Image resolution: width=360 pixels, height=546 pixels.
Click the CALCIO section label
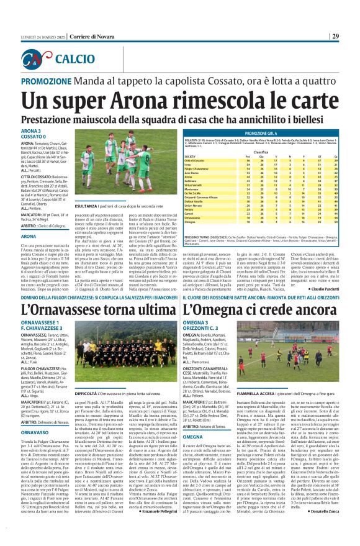pyautogui.click(x=74, y=59)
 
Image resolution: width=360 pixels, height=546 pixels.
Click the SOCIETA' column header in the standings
pyautogui.click(x=191, y=156)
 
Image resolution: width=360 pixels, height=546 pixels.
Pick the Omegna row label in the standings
pyautogui.click(x=190, y=202)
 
